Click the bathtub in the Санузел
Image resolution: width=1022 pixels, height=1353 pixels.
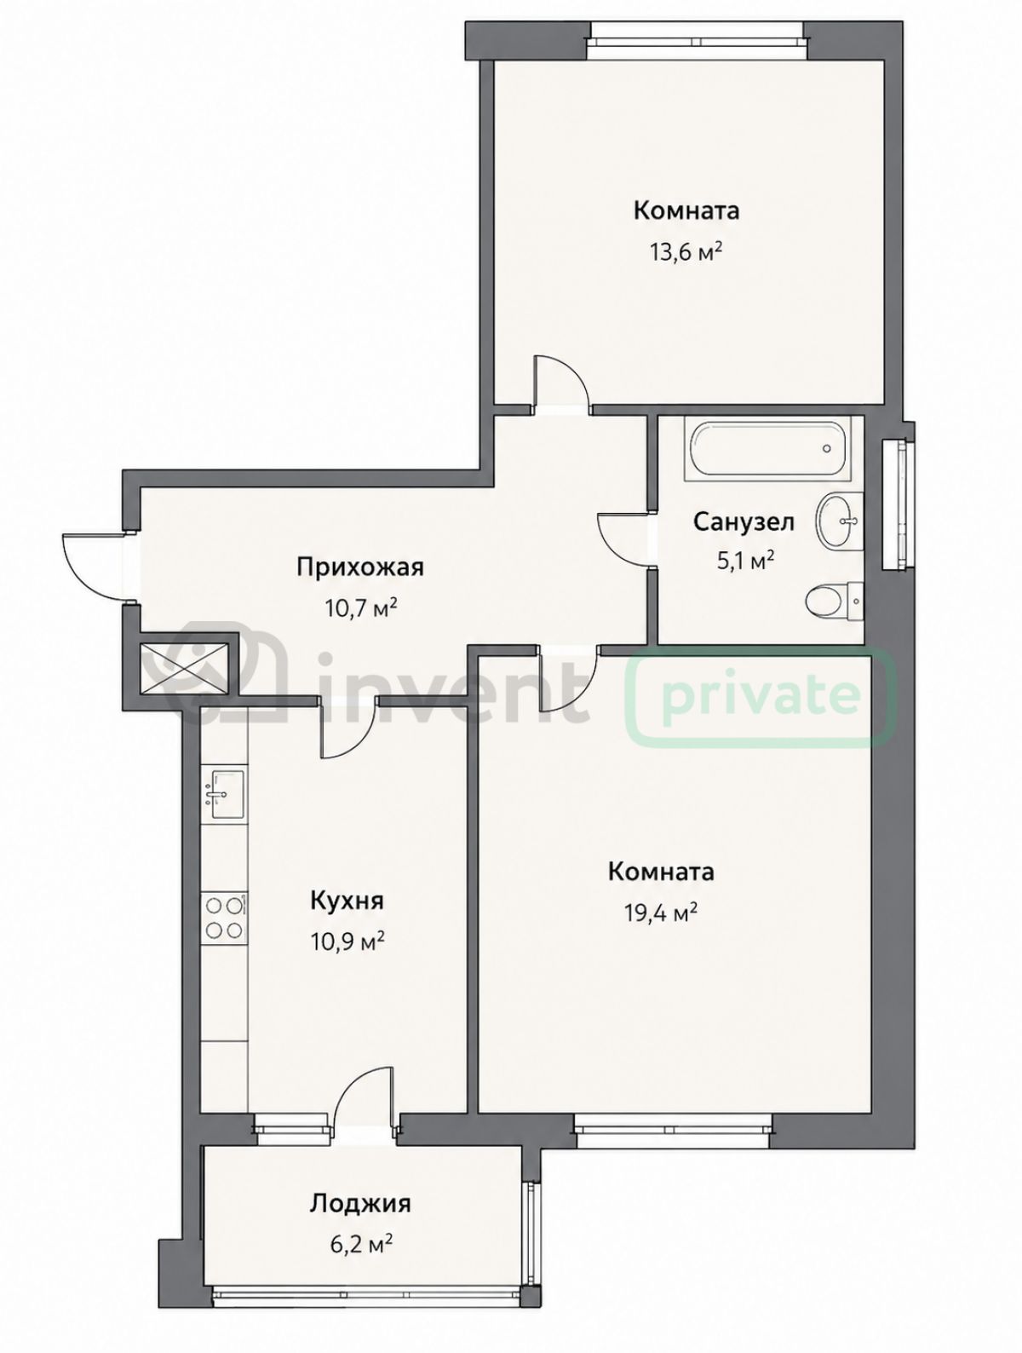point(766,448)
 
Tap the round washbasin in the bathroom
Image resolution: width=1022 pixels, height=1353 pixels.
point(838,521)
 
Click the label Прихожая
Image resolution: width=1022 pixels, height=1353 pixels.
point(359,567)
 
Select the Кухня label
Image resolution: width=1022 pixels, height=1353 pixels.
point(347,901)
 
